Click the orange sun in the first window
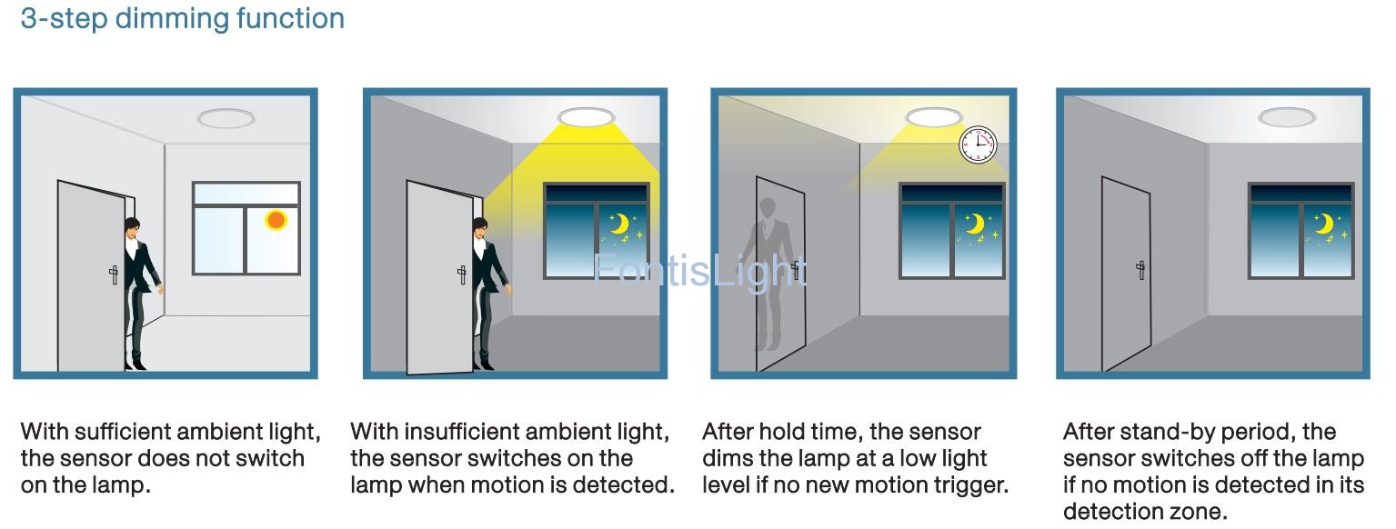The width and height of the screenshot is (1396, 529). pyautogui.click(x=276, y=220)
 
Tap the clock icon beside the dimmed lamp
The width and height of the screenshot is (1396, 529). pyautogui.click(x=977, y=145)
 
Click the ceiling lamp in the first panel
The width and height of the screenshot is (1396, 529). pyautogui.click(x=226, y=118)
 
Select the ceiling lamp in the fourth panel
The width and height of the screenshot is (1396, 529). pyautogui.click(x=1287, y=116)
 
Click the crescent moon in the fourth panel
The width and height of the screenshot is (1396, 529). pyautogui.click(x=1325, y=223)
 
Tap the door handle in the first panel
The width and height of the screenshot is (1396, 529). pyautogui.click(x=114, y=274)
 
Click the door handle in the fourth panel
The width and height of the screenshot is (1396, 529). pyautogui.click(x=1140, y=270)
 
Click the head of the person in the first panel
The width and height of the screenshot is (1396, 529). pyautogui.click(x=132, y=227)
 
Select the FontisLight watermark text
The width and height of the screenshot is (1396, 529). pyautogui.click(x=699, y=271)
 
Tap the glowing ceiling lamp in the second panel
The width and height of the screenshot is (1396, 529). pyautogui.click(x=586, y=116)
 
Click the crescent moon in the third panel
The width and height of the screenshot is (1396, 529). pyautogui.click(x=975, y=223)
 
